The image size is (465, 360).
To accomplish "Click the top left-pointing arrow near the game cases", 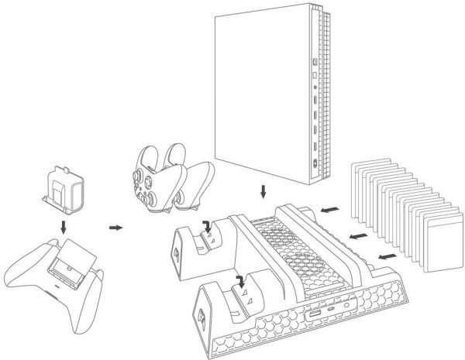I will (329, 208).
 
